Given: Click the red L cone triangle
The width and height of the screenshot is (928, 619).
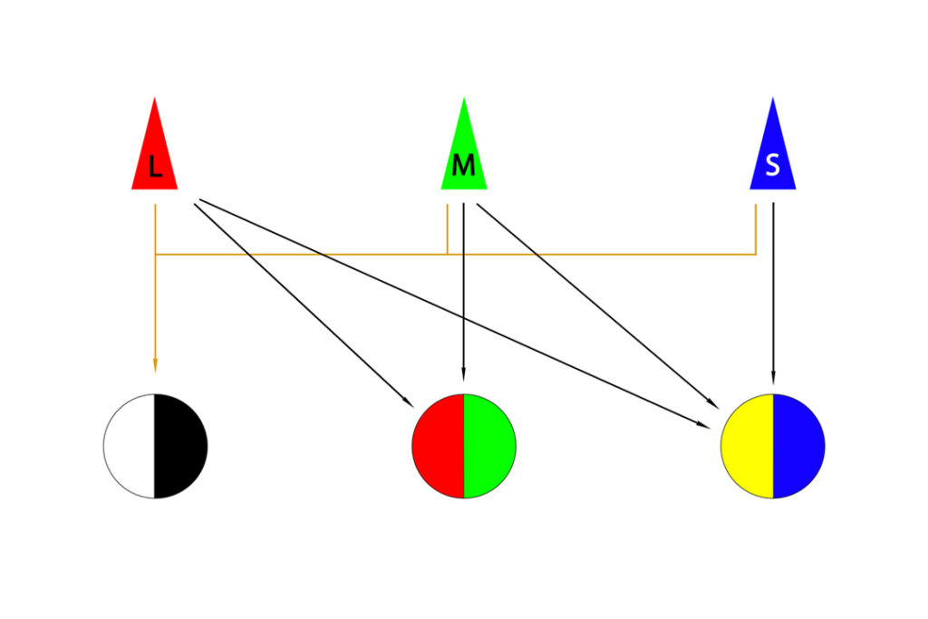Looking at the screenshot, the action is (154, 154).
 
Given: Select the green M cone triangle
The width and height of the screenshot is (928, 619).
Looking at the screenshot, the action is (464, 154).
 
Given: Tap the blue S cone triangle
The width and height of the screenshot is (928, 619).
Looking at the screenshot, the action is (773, 154).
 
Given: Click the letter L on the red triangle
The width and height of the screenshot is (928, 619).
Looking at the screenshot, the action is (155, 167).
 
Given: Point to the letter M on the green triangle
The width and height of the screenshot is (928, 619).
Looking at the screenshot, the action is (463, 165).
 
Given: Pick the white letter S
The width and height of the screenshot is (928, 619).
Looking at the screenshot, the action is (772, 165).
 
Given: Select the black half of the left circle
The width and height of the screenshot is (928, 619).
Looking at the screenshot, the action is (180, 446).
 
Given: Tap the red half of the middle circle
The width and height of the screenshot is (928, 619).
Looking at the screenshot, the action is (438, 446).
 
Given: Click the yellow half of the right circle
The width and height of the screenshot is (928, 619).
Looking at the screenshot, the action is (747, 446).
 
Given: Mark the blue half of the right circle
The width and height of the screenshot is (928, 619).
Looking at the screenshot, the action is (799, 446).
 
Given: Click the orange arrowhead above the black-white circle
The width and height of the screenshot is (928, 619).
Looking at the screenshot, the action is (155, 364).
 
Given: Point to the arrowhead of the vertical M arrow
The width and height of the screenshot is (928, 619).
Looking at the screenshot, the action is (463, 374).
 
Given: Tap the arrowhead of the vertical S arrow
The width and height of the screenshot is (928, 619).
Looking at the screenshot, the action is (773, 377).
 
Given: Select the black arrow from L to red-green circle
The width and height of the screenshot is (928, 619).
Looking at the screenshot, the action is (304, 305).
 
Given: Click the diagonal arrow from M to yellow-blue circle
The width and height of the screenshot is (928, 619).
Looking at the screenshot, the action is (597, 306).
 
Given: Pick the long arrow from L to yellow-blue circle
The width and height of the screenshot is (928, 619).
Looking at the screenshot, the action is (455, 314).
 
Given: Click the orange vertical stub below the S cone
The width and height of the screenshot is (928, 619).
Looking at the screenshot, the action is (756, 229).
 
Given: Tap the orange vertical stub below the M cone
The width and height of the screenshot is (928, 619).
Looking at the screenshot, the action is (447, 229).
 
